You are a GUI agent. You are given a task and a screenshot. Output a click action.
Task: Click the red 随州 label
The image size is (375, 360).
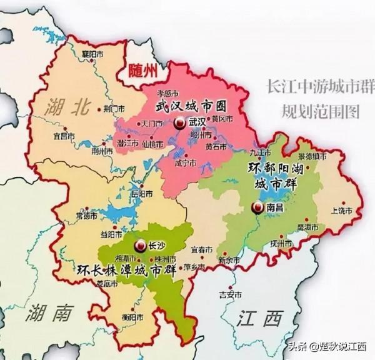coord(142,71)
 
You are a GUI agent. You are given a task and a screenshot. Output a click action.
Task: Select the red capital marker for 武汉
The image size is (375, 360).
coord(180,123)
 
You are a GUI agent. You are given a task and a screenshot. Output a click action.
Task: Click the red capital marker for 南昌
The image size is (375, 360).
coord(256,208)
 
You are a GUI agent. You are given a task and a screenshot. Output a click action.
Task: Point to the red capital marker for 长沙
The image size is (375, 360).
coord(141,245)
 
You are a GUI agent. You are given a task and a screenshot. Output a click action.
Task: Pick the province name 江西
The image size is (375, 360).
coord(259,319)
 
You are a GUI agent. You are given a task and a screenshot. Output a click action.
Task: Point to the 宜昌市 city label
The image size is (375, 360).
coord(64,135)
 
